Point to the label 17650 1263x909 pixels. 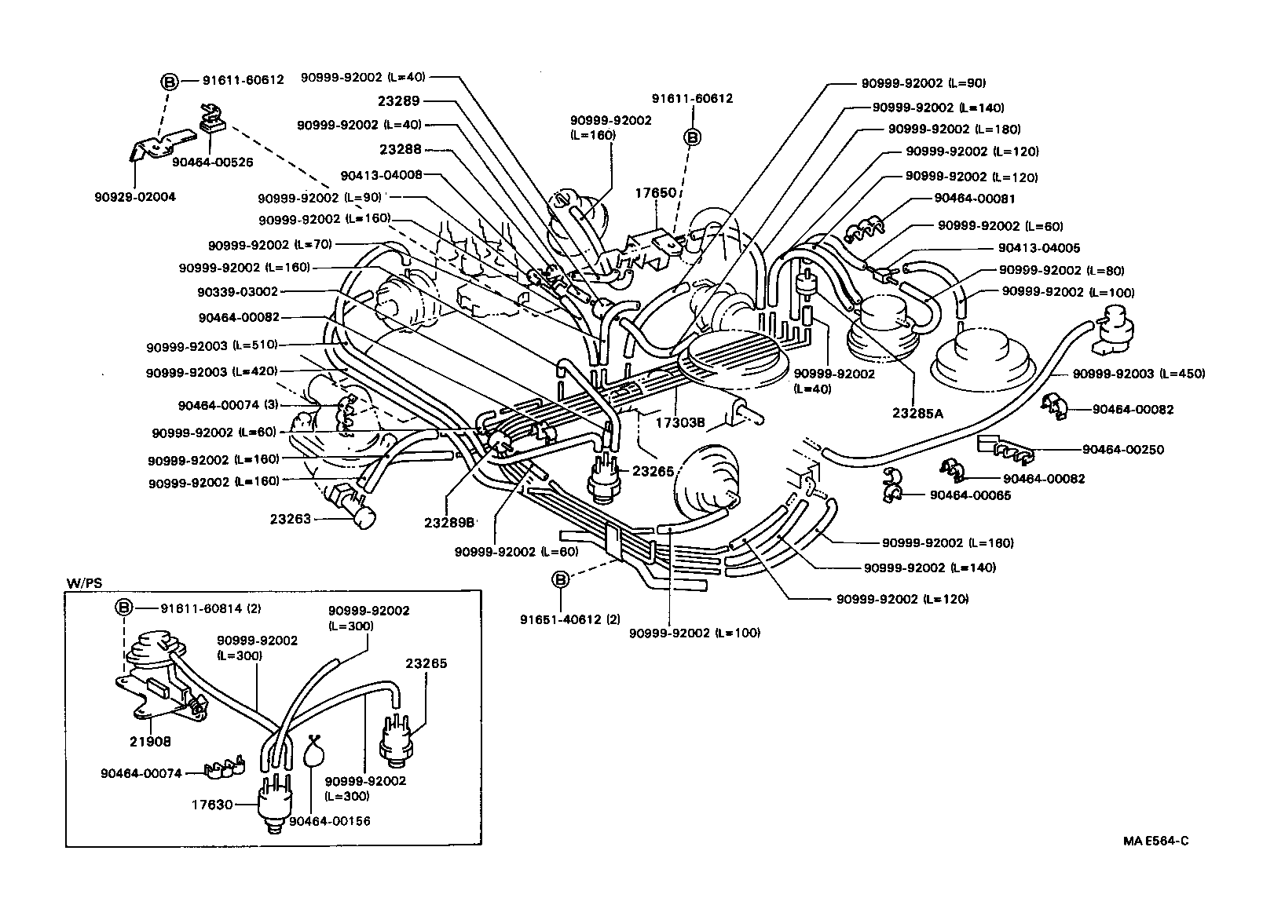click(656, 192)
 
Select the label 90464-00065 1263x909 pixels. click(970, 495)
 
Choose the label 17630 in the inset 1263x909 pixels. click(213, 805)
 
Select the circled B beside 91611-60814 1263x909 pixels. click(125, 608)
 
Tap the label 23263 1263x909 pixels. click(291, 519)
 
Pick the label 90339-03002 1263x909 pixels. click(238, 292)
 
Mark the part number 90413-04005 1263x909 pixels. click(1039, 248)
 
